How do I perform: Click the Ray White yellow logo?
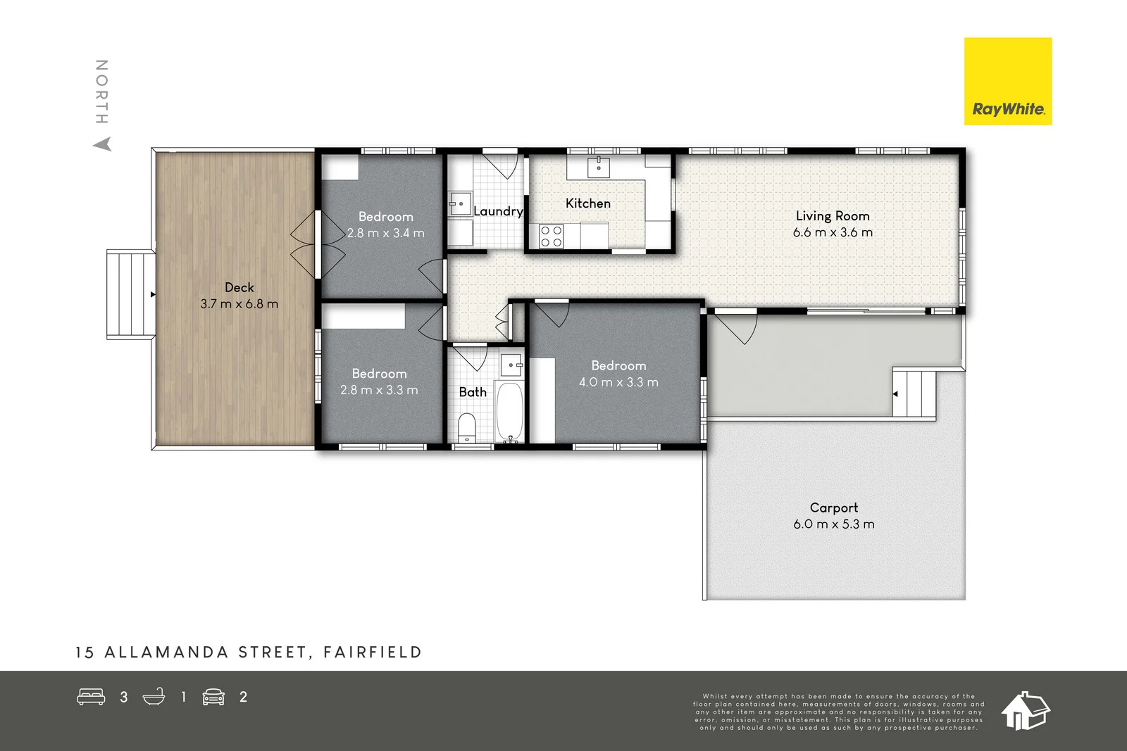[x=1007, y=81]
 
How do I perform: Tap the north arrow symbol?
[x=103, y=144]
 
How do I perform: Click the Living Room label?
[x=833, y=216]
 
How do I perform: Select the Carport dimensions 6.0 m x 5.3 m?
[x=833, y=524]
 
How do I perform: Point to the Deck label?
[x=239, y=287]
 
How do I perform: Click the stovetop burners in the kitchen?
[x=551, y=236]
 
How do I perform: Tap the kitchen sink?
[x=598, y=168]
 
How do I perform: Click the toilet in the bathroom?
[x=467, y=427]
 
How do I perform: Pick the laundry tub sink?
[x=460, y=204]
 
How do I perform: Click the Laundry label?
[x=498, y=211]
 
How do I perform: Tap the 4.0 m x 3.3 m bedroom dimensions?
[x=618, y=382]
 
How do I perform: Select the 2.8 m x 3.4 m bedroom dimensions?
[x=385, y=233]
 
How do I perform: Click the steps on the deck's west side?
[x=130, y=295]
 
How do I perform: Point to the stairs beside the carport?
[x=915, y=394]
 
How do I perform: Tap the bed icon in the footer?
[x=91, y=697]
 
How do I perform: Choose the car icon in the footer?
[x=213, y=697]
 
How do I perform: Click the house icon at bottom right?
[x=1025, y=711]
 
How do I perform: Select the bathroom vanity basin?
[x=511, y=365]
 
